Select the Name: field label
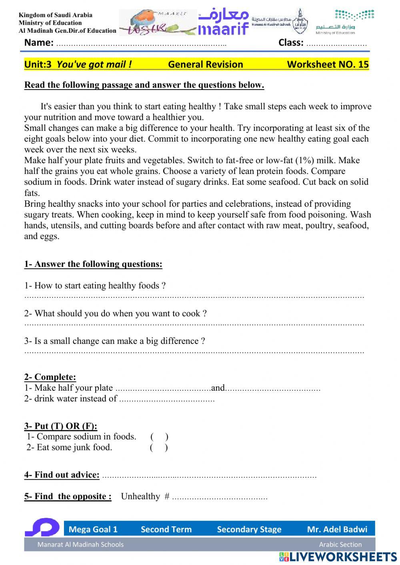tap(39, 42)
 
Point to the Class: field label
tap(291, 42)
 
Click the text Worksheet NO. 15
tap(328, 64)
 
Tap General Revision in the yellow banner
tap(205, 64)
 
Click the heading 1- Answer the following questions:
tap(93, 264)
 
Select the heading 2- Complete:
tap(50, 377)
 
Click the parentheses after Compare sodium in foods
tap(159, 437)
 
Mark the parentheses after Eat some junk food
tap(159, 447)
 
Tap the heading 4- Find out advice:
tap(62, 475)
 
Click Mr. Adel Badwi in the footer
tap(337, 529)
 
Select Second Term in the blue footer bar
tap(166, 529)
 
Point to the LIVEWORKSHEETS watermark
tap(338, 557)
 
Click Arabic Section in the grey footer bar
tap(340, 544)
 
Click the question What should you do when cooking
tap(116, 313)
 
